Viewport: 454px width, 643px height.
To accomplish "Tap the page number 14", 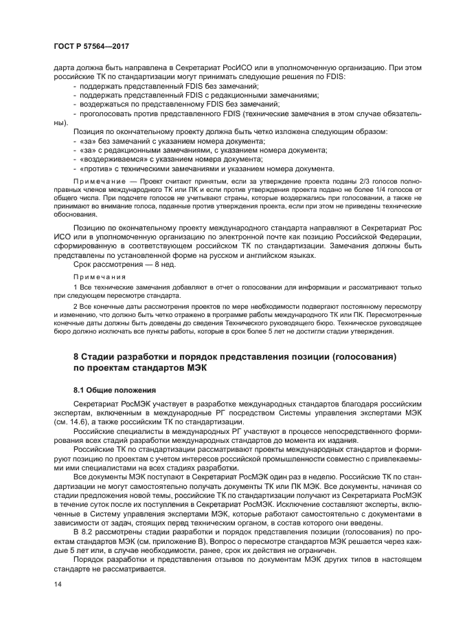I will [x=58, y=585].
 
